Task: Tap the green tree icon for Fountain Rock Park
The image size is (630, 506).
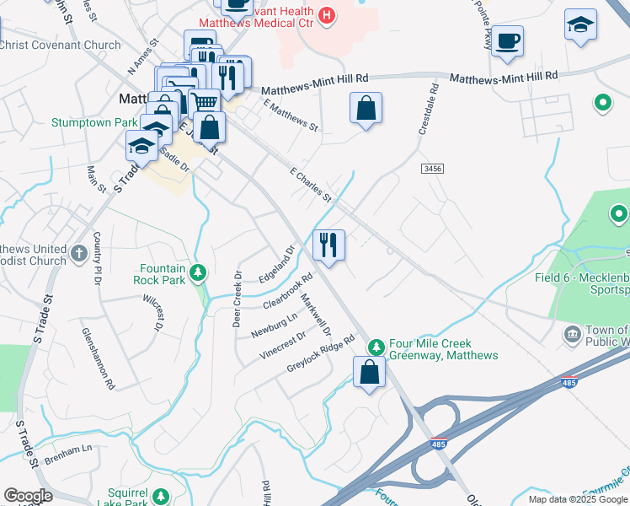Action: [x=197, y=272]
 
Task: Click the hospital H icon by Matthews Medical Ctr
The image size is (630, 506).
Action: [x=327, y=15]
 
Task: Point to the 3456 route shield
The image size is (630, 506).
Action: [x=432, y=170]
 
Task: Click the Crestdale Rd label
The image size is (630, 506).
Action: [x=429, y=110]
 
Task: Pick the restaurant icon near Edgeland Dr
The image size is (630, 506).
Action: [x=328, y=245]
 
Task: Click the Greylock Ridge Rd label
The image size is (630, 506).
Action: [x=321, y=355]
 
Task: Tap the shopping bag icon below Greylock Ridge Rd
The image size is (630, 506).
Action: [x=369, y=371]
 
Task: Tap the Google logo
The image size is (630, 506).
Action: [x=29, y=496]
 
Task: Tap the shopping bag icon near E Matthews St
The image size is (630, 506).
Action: [x=366, y=108]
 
